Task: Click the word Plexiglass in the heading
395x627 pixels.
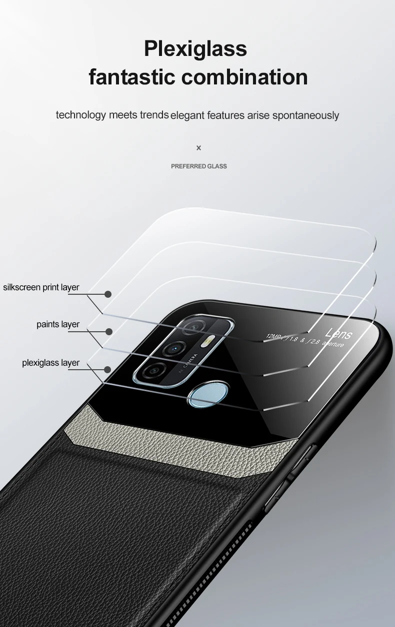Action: (x=195, y=49)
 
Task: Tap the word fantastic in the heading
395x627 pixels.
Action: (x=131, y=77)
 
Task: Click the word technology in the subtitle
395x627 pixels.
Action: (x=81, y=115)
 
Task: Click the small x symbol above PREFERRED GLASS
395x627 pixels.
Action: (x=198, y=148)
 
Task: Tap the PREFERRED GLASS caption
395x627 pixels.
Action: (x=199, y=166)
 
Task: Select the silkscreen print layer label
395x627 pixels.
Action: (x=41, y=287)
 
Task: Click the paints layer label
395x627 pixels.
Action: (x=58, y=324)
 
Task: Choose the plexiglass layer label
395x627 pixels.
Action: (x=50, y=363)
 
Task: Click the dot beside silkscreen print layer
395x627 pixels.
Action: (x=108, y=294)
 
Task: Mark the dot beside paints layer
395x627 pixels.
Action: (x=108, y=331)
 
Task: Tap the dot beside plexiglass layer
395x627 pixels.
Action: (x=107, y=370)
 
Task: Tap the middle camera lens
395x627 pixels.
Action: (x=174, y=348)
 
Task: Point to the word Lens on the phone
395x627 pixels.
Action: (x=338, y=333)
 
